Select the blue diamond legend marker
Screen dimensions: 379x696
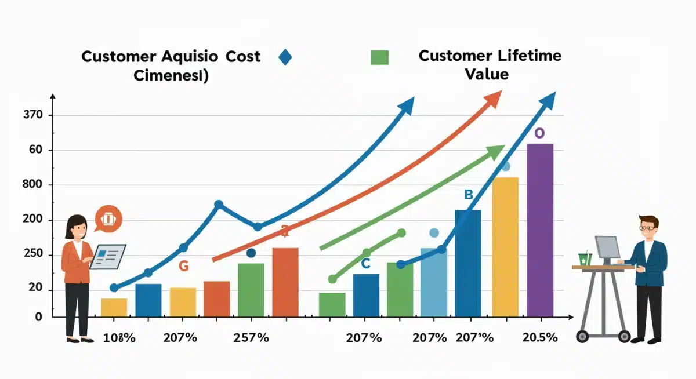285,57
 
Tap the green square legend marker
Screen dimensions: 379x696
379,57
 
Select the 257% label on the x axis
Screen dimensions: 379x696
251,338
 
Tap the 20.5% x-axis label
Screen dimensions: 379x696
539,338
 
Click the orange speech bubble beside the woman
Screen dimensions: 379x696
108,218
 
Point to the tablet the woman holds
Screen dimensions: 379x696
108,256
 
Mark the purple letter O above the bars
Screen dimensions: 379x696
539,133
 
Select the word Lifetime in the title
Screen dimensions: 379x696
528,56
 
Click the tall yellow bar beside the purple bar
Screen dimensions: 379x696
505,247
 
